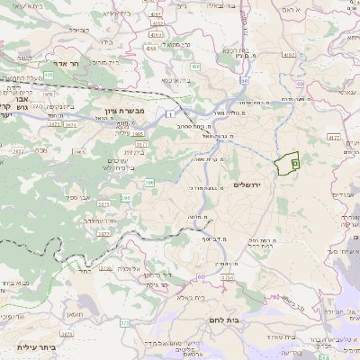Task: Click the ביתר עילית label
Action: [36, 346]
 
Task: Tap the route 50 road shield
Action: [244, 81]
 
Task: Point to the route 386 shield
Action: [148, 183]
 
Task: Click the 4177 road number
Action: [333, 138]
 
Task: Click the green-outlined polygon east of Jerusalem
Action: [286, 163]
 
